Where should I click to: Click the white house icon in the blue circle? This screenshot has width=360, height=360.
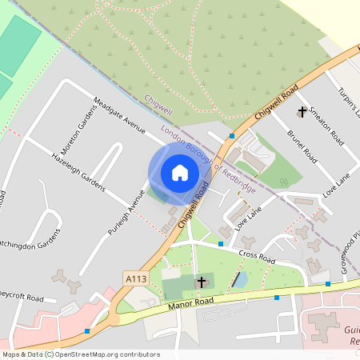tap(180, 173)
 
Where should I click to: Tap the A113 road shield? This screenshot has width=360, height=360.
tap(135, 278)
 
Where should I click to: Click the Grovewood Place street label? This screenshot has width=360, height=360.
tap(350, 247)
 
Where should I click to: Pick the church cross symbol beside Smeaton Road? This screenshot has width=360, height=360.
tap(302, 113)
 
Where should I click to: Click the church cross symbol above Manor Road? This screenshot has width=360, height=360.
tap(202, 282)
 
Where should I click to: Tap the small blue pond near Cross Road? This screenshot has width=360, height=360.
tap(238, 280)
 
